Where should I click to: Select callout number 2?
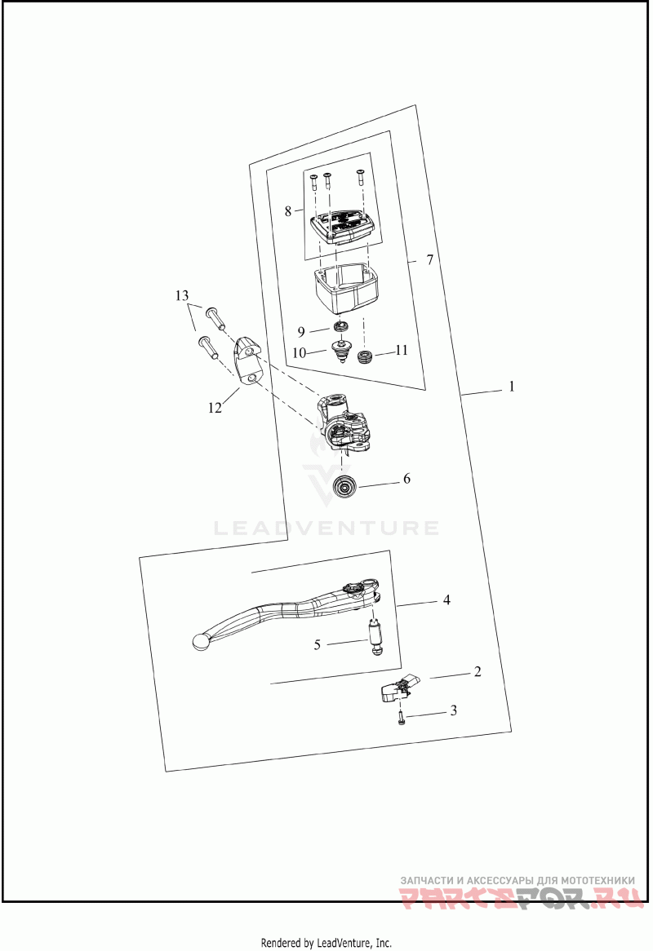(x=478, y=673)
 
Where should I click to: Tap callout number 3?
(x=454, y=711)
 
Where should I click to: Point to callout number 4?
(x=446, y=600)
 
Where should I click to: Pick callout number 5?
(x=318, y=644)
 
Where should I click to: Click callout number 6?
(x=406, y=480)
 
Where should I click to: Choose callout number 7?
(x=429, y=260)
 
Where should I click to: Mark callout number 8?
(x=288, y=211)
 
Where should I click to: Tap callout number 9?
(x=301, y=331)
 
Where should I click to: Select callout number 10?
(x=299, y=353)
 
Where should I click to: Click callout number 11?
(x=401, y=351)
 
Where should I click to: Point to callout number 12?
(x=215, y=408)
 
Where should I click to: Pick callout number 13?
(x=181, y=294)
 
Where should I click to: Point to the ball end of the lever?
(x=199, y=642)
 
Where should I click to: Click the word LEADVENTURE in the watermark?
(x=326, y=529)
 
